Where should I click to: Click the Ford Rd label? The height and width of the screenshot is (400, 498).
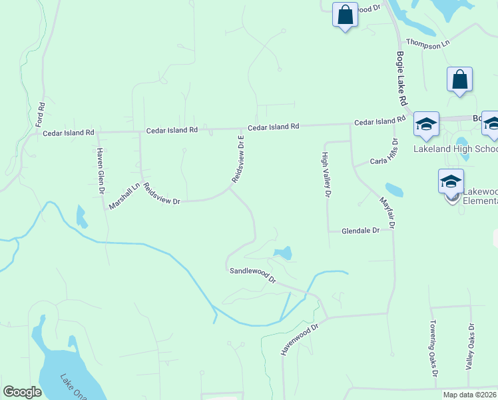41,115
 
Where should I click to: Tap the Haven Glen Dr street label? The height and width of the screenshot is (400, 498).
101,171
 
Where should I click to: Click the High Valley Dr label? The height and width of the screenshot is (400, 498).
326,175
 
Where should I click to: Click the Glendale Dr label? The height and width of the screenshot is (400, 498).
360,230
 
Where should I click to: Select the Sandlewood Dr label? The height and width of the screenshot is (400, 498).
252,274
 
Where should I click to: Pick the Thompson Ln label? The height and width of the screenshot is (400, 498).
428,44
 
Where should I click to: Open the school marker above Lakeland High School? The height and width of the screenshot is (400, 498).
426,124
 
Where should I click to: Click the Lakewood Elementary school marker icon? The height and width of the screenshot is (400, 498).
451,181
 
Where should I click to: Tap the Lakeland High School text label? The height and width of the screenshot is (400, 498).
455,149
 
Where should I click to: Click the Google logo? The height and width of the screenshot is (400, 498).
22,392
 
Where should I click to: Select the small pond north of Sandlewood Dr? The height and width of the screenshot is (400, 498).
282,253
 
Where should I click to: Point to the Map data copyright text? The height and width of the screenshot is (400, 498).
469,395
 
